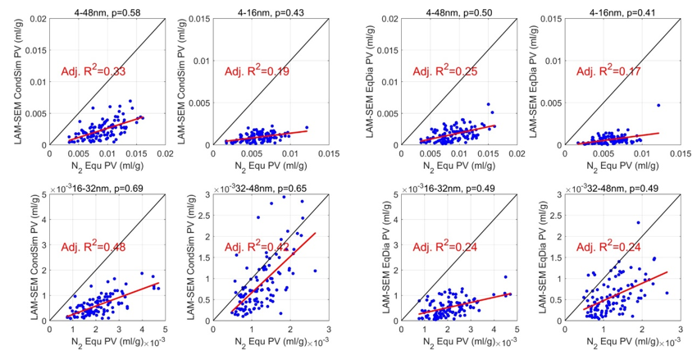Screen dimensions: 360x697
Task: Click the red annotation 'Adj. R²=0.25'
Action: coord(452,71)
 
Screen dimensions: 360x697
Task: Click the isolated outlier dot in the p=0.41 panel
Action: coord(658,105)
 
